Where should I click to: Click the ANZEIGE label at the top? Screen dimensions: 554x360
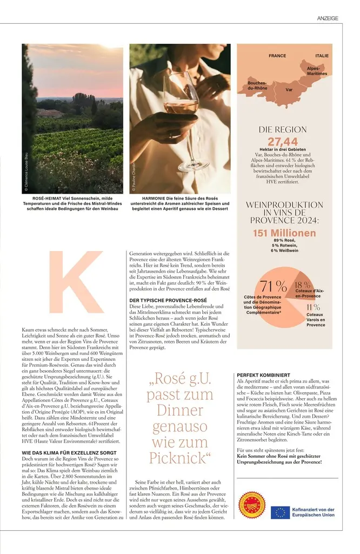coord(328,18)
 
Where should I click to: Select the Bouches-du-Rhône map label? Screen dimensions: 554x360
coord(257,85)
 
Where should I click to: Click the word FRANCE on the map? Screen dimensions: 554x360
coord(277,56)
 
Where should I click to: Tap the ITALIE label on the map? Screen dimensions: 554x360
coord(322,56)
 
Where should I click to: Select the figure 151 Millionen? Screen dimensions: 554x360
coord(284,233)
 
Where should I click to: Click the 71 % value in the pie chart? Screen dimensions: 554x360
coord(274,286)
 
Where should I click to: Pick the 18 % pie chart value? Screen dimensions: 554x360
coord(303,285)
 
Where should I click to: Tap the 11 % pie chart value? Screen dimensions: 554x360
coord(314,307)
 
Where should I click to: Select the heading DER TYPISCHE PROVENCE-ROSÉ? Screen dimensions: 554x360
coord(168,300)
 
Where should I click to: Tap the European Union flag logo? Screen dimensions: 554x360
coord(281,512)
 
